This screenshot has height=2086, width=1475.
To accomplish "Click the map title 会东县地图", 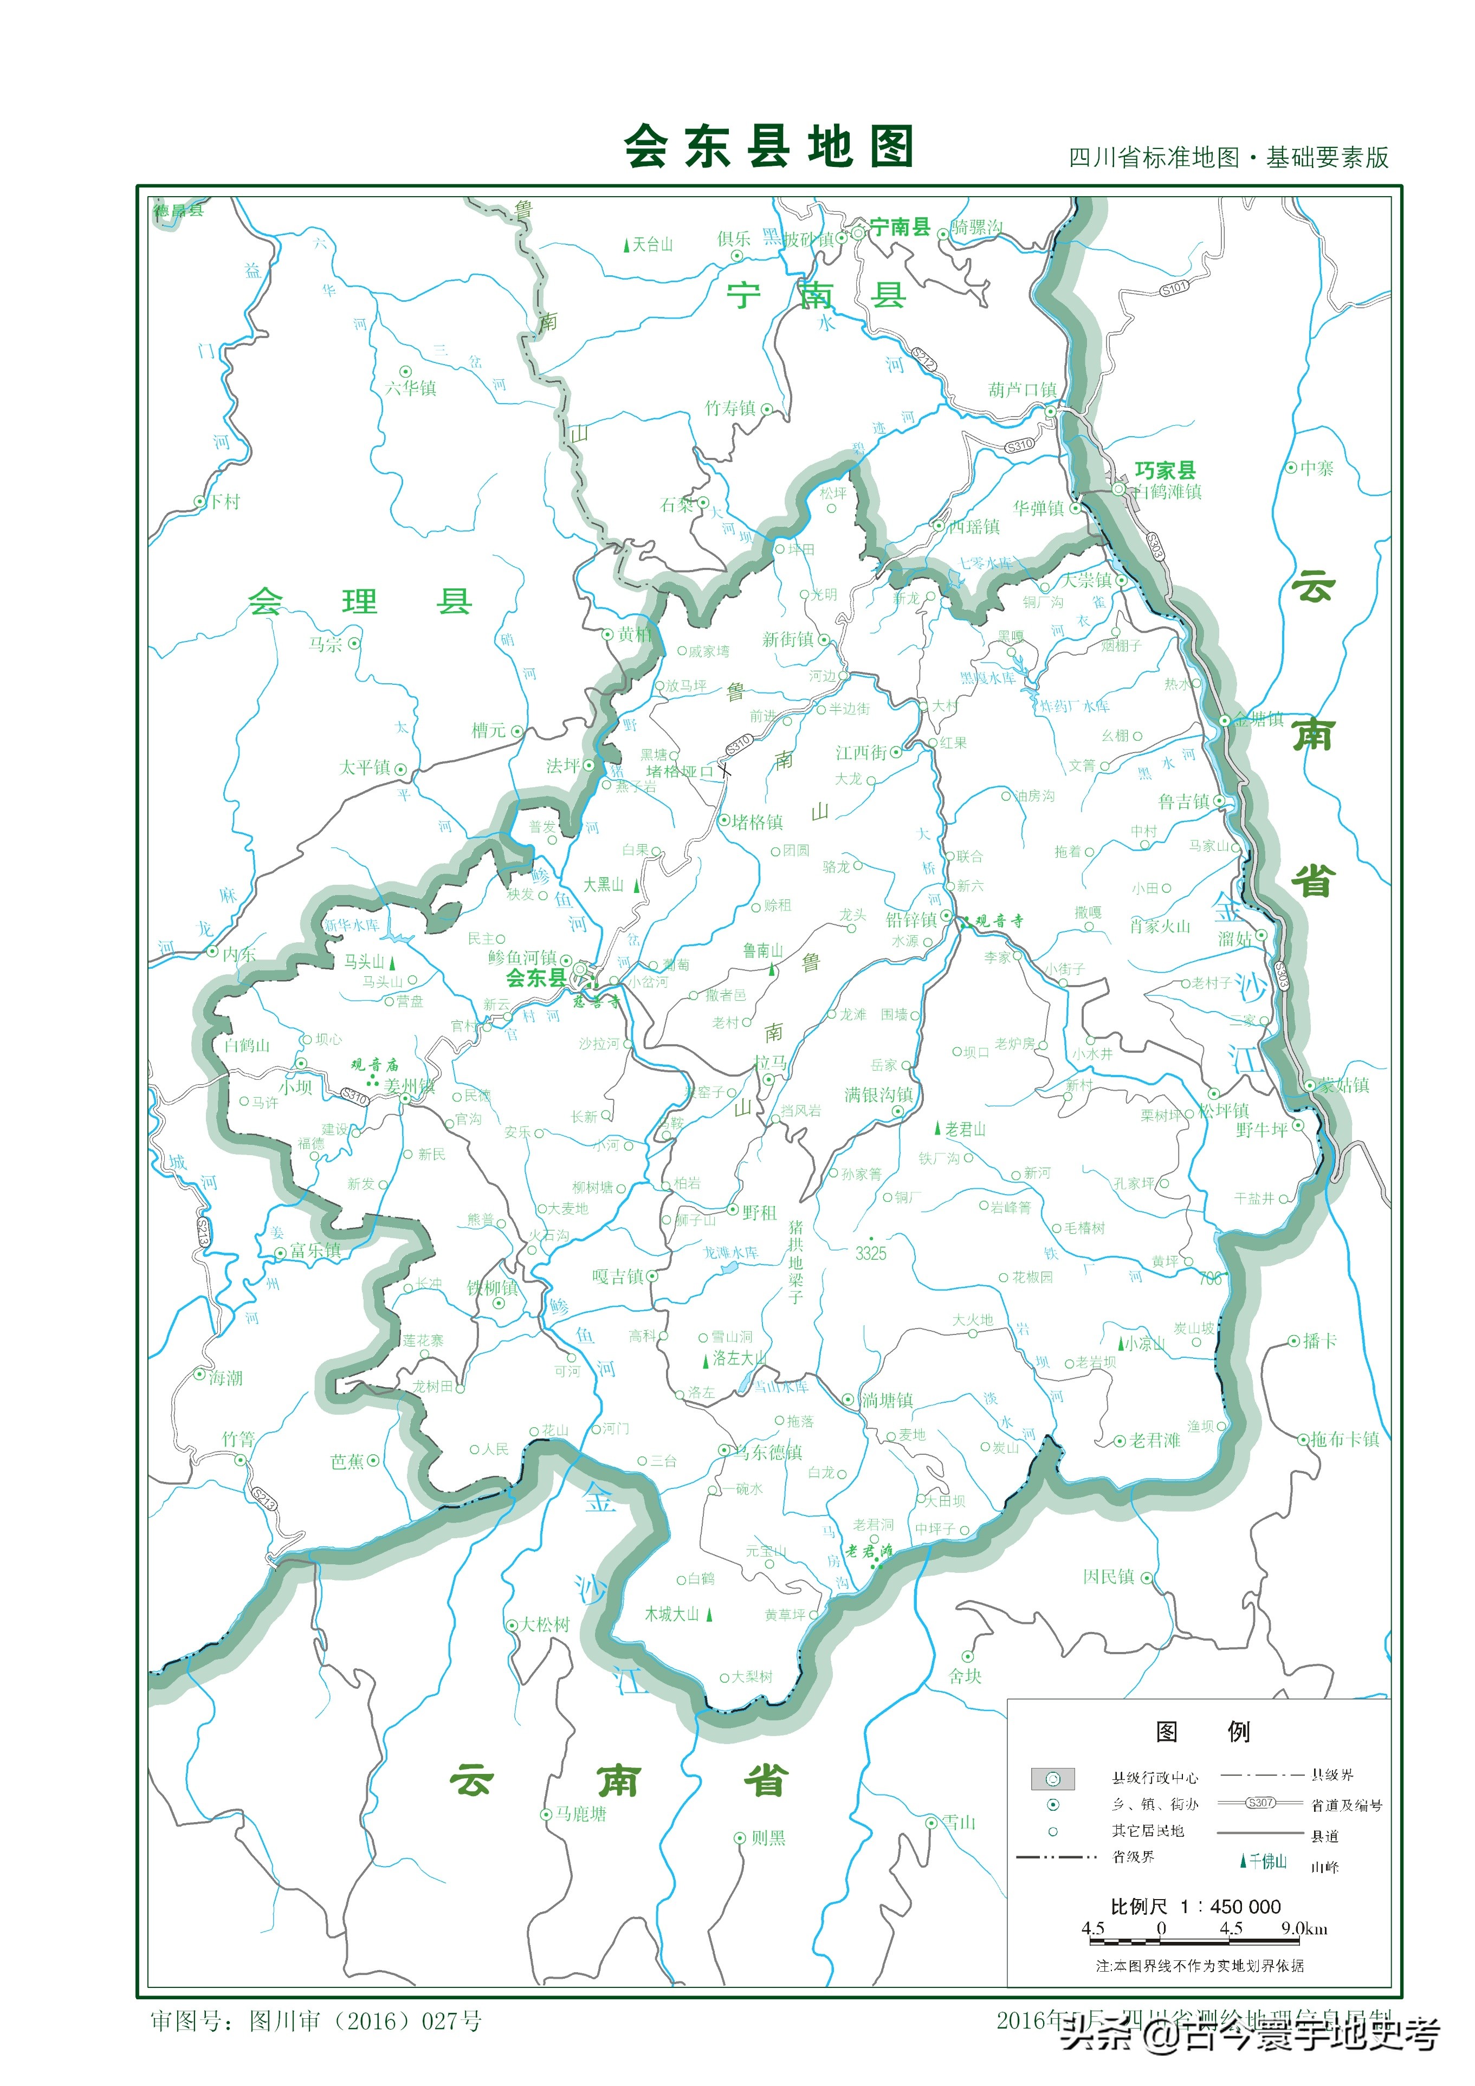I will point(768,147).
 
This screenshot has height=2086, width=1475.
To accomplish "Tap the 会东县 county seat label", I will point(535,979).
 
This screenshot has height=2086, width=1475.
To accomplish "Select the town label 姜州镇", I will point(409,1086).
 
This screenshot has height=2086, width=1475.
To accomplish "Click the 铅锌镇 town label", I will point(911,919).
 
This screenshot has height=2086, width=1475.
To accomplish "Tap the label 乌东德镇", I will point(769,1452).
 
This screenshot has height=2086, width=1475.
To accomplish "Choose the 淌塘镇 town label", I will point(887,1400).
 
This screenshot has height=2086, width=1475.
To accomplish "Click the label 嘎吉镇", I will point(618,1277).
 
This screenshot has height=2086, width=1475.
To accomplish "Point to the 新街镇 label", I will point(788,639).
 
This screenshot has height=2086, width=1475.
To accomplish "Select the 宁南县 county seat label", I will point(899,227).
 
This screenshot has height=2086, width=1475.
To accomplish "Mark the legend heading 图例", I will point(1201,1732).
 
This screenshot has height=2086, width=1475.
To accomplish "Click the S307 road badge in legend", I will point(1260,1803).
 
